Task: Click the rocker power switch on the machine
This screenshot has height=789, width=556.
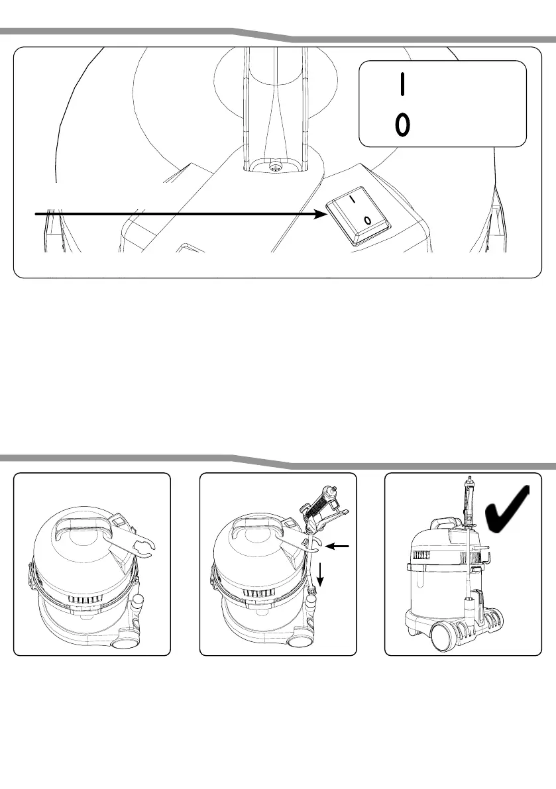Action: coord(359,211)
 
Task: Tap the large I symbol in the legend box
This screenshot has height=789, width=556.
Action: coord(401,84)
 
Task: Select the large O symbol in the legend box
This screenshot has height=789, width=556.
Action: coord(402,124)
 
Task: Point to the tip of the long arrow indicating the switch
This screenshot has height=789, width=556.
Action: coord(324,213)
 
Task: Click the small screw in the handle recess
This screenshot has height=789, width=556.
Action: coord(273,168)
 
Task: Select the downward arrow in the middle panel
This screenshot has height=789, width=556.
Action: coord(321,574)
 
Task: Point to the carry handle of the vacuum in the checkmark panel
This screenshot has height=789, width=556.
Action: coord(443,524)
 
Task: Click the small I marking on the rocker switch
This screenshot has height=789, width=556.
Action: coord(354,197)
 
